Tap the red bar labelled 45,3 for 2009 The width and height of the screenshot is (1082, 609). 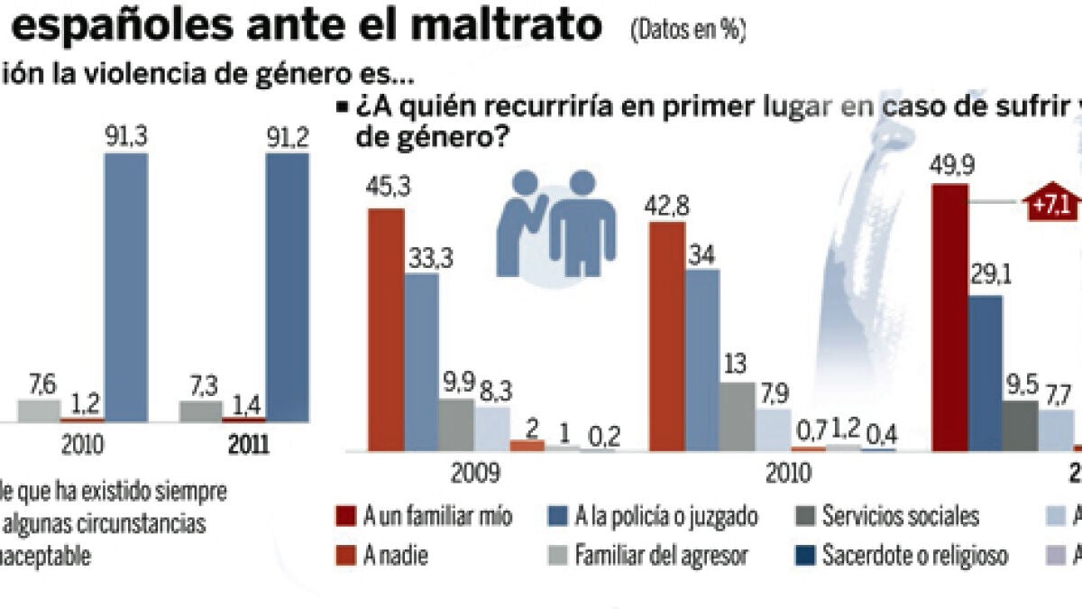386,329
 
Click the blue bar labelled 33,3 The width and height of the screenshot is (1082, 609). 421,361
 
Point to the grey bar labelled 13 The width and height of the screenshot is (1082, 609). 738,415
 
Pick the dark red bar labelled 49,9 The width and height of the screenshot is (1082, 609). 949,316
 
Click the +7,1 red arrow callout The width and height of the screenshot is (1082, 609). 1050,205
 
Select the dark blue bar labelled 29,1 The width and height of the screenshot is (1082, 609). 985,372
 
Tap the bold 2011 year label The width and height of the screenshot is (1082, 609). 249,446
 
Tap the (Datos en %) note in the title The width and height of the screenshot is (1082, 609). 688,31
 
